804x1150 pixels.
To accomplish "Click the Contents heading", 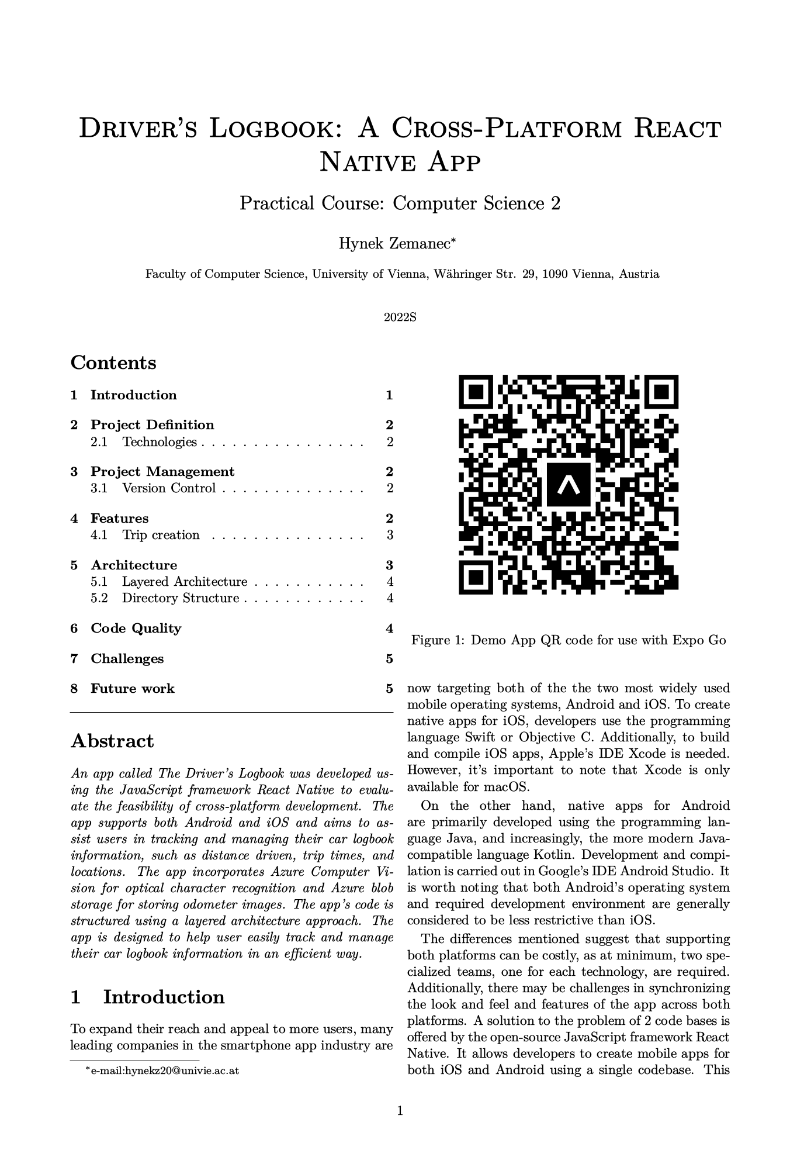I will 113,362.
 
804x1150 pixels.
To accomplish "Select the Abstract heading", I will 112,741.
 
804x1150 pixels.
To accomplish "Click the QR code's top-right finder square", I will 663,391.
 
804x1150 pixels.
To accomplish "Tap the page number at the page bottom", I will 400,1111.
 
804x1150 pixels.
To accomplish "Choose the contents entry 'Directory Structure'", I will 181,598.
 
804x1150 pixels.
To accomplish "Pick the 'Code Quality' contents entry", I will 136,628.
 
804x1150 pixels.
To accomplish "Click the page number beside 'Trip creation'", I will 390,535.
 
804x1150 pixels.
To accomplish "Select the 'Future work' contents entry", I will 133,689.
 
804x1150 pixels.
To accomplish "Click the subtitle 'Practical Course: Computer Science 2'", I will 400,203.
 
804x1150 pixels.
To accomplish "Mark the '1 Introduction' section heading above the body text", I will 147,997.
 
